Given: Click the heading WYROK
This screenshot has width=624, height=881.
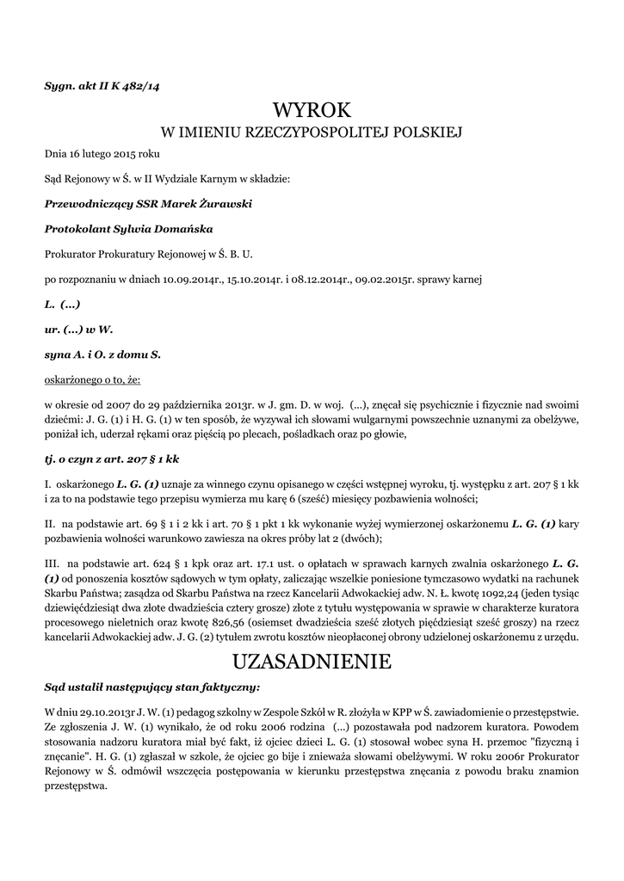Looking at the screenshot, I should [312, 110].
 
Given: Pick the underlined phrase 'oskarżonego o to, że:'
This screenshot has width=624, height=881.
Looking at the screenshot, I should [92, 379].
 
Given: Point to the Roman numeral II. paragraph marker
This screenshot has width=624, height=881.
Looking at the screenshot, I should [51, 523].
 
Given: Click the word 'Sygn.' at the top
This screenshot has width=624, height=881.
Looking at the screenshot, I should [59, 86].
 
